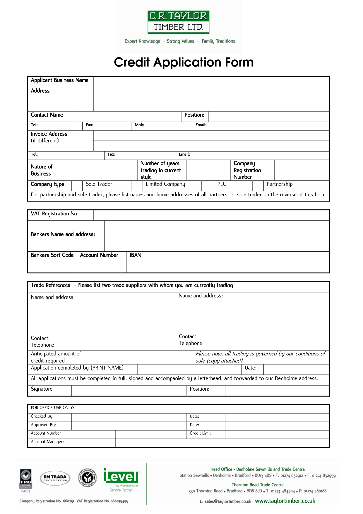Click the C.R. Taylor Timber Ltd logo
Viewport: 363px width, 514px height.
pyautogui.click(x=178, y=22)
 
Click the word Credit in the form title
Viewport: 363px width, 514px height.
pyautogui.click(x=131, y=62)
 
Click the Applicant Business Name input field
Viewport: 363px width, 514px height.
pyautogui.click(x=211, y=82)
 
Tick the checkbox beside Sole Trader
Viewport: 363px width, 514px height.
pyautogui.click(x=77, y=185)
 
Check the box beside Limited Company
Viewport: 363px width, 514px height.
pyautogui.click(x=137, y=185)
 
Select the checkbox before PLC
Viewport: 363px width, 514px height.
pyautogui.click(x=208, y=185)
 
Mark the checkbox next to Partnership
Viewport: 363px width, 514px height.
pyautogui.click(x=258, y=185)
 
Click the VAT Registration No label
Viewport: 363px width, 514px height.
pyautogui.click(x=54, y=214)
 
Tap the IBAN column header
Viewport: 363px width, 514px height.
pyautogui.click(x=135, y=255)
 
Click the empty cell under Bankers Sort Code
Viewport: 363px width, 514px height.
pyautogui.click(x=52, y=267)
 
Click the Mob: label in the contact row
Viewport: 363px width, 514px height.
pyautogui.click(x=140, y=125)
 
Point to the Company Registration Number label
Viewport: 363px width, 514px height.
pyautogui.click(x=247, y=170)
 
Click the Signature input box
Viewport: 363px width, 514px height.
pyautogui.click(x=129, y=391)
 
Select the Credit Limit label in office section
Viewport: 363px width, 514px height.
pyautogui.click(x=200, y=433)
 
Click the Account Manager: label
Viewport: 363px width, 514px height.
pyautogui.click(x=47, y=442)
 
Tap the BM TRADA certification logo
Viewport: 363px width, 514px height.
pyautogui.click(x=55, y=478)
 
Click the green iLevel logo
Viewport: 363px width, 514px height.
pyautogui.click(x=121, y=477)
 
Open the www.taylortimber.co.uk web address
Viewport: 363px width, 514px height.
pyautogui.click(x=285, y=501)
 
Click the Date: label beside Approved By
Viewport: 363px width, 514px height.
pyautogui.click(x=194, y=425)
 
